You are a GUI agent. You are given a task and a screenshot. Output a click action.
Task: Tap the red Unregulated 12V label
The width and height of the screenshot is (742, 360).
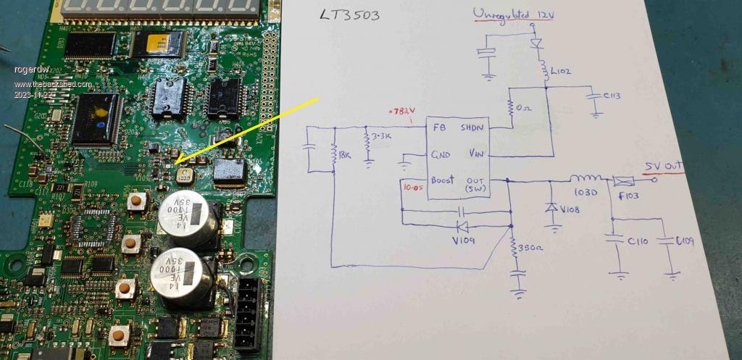(x=514, y=14)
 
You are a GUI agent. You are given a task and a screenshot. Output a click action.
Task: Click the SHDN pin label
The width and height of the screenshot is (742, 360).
(x=474, y=127)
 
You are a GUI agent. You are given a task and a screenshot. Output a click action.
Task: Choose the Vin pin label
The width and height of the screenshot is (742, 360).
(x=477, y=154)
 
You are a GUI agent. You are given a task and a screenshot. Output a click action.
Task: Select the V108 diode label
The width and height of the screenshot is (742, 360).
(x=572, y=211)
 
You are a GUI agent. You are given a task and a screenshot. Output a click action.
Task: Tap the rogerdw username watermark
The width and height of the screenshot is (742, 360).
(x=29, y=70)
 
